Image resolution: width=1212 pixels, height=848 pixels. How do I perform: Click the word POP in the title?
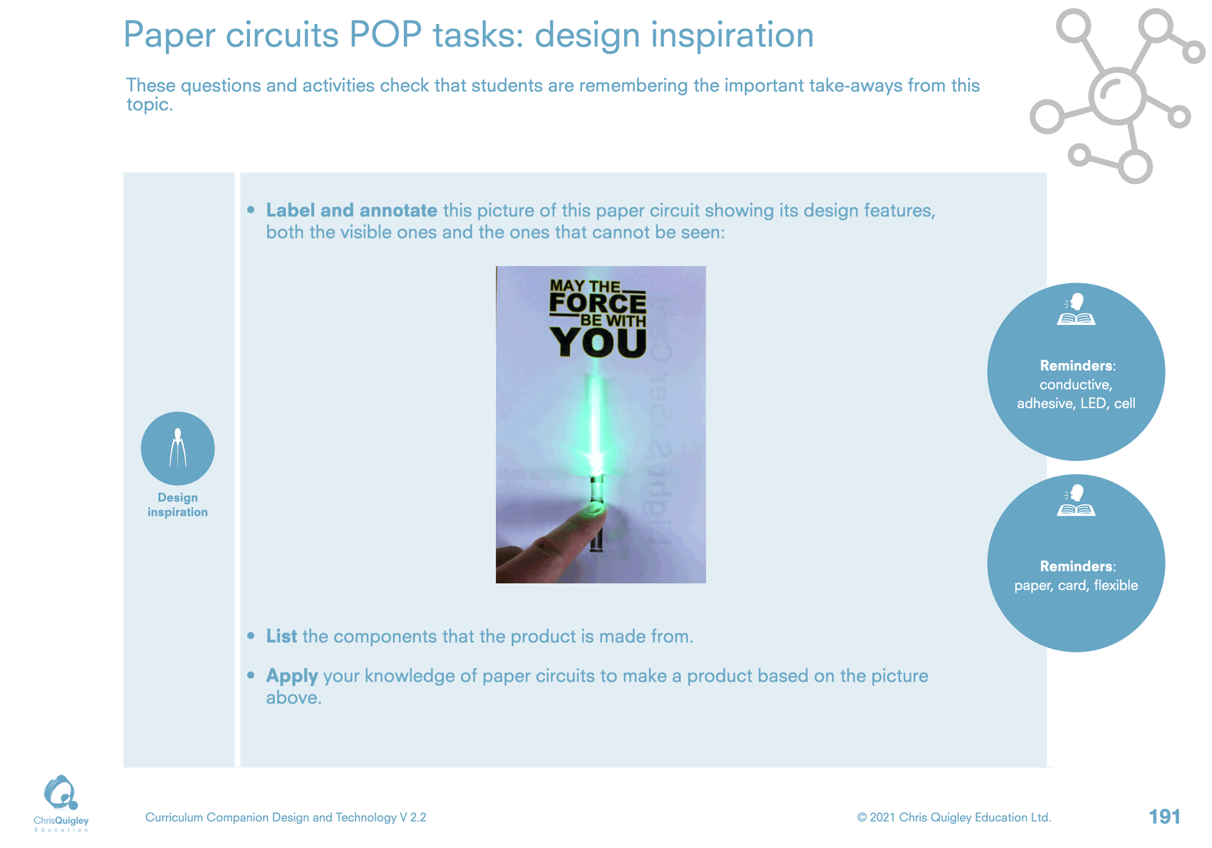(385, 35)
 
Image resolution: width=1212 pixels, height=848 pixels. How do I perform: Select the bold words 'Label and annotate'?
(352, 210)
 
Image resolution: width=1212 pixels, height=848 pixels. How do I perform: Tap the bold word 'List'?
(282, 636)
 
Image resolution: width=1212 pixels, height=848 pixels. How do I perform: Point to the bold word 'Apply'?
(292, 676)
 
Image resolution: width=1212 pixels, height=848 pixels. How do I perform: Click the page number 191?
(1165, 817)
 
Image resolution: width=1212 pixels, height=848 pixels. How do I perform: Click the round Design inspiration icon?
(177, 449)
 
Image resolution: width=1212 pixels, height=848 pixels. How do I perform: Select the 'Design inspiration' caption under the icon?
(177, 505)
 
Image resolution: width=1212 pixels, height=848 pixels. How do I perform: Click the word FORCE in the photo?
(598, 303)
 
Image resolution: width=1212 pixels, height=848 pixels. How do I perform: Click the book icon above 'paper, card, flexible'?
(1076, 500)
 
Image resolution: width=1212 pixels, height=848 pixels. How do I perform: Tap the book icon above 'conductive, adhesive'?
(1076, 309)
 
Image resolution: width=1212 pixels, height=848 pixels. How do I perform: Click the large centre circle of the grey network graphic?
(1117, 96)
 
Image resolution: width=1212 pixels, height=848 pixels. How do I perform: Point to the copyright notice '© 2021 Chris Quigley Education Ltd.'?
(954, 818)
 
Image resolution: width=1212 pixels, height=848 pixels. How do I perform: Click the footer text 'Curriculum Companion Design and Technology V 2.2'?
(286, 818)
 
